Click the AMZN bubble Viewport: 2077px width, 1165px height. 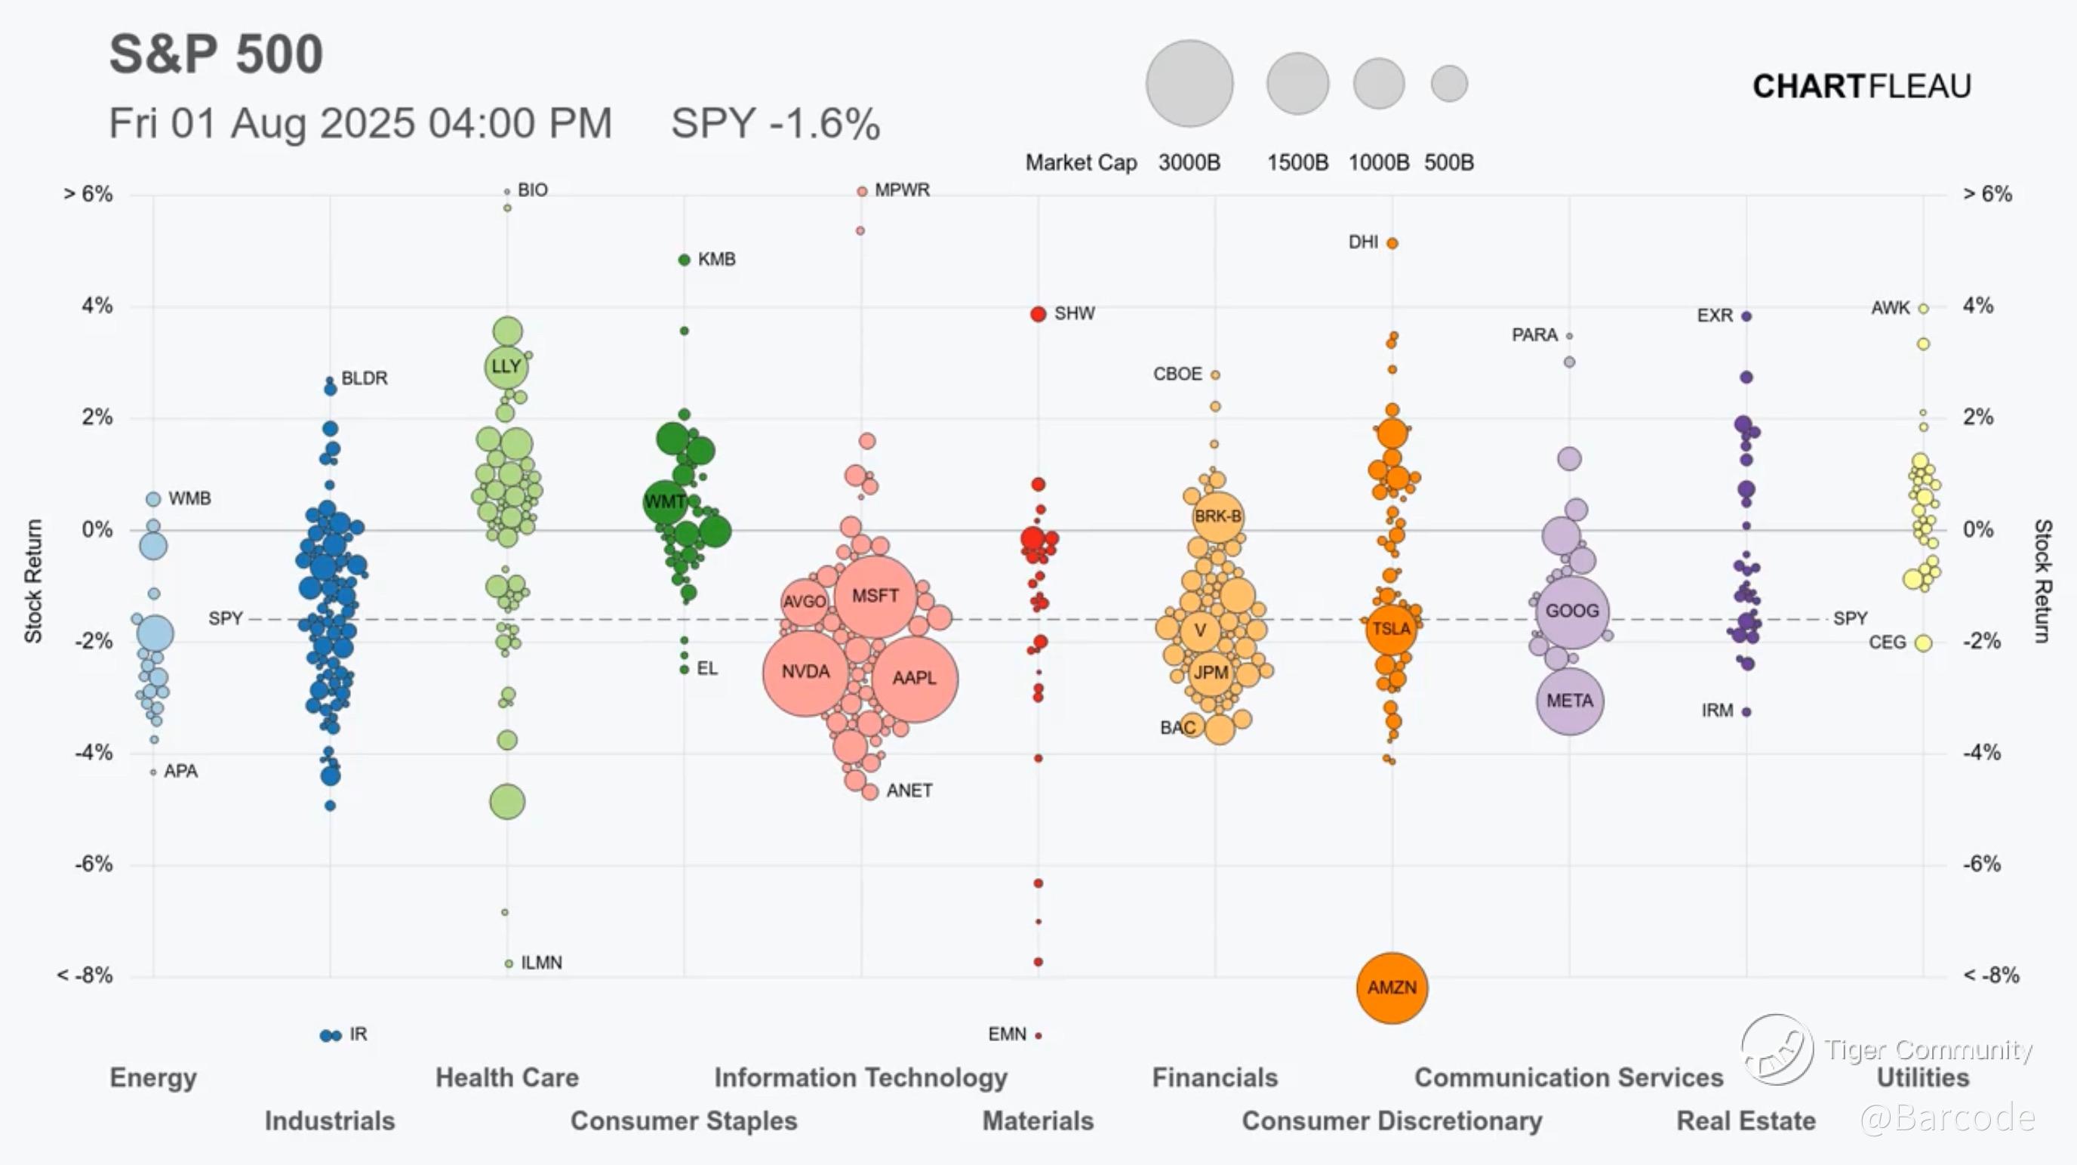click(x=1392, y=988)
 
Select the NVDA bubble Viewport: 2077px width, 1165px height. click(x=805, y=672)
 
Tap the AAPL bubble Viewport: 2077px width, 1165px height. click(x=914, y=678)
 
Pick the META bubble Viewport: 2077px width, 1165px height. click(x=1569, y=701)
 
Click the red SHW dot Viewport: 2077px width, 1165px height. click(x=1038, y=314)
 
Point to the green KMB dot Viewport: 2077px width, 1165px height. click(x=685, y=260)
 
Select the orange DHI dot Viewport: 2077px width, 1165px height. click(x=1392, y=243)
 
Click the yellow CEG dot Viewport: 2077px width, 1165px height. click(x=1923, y=643)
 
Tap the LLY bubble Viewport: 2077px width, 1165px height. click(x=506, y=366)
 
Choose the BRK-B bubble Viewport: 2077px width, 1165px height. click(x=1217, y=516)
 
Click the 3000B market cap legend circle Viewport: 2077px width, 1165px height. click(x=1189, y=84)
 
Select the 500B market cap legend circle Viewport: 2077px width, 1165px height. click(x=1449, y=84)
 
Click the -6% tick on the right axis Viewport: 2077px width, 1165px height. click(x=1981, y=864)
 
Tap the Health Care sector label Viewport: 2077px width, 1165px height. click(x=506, y=1078)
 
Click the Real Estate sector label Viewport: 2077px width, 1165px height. click(x=1746, y=1120)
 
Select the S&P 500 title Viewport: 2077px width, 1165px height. click(x=216, y=55)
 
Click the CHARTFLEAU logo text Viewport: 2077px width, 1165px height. click(x=1862, y=86)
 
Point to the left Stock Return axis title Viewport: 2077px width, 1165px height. click(x=33, y=581)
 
